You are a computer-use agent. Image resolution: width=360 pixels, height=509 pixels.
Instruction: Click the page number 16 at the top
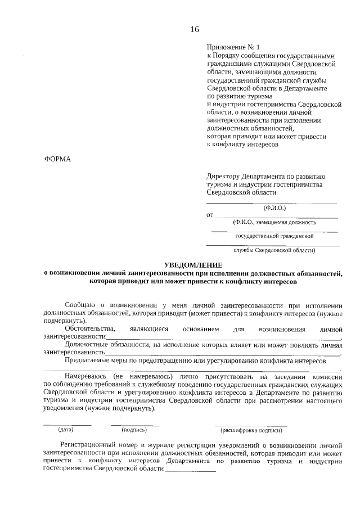tap(195, 29)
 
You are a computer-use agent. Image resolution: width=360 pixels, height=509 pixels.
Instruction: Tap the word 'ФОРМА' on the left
tap(58, 159)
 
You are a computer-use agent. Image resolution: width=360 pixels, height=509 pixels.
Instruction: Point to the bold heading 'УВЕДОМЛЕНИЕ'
tap(193, 264)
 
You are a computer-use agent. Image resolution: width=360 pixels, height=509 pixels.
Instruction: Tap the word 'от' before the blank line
tap(210, 215)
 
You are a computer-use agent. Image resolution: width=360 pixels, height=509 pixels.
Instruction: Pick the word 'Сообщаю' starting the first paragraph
tap(81, 304)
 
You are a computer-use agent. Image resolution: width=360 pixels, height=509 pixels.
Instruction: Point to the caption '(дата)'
tap(66, 430)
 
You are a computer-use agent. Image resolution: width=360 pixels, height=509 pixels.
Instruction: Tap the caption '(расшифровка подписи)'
tap(251, 430)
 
